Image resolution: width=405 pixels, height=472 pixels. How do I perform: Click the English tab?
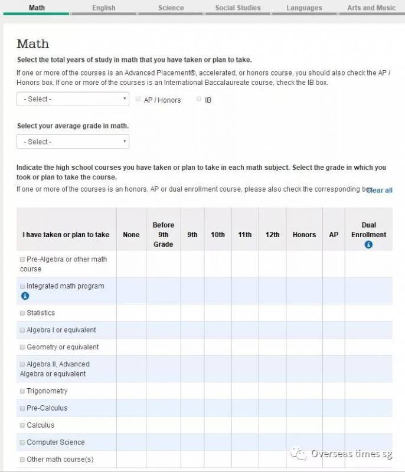pyautogui.click(x=104, y=8)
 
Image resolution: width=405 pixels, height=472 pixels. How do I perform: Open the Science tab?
pyautogui.click(x=171, y=8)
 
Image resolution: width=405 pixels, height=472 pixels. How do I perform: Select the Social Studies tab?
pyautogui.click(x=237, y=8)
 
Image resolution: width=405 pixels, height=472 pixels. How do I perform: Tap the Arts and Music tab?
pyautogui.click(x=371, y=8)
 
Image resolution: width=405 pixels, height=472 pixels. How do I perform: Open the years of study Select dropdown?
pyautogui.click(x=73, y=99)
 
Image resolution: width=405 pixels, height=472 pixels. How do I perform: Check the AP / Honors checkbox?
pyautogui.click(x=138, y=99)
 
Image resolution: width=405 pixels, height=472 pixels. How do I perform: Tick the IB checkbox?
pyautogui.click(x=199, y=99)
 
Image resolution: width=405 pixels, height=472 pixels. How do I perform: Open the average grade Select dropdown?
pyautogui.click(x=73, y=142)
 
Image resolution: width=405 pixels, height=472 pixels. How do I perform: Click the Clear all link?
pyautogui.click(x=380, y=190)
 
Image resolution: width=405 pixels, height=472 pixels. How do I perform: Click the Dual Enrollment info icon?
pyautogui.click(x=368, y=244)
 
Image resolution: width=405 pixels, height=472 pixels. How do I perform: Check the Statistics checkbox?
pyautogui.click(x=22, y=313)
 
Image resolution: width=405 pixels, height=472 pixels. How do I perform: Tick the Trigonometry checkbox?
pyautogui.click(x=22, y=391)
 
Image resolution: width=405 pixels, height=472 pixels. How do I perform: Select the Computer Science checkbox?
pyautogui.click(x=22, y=442)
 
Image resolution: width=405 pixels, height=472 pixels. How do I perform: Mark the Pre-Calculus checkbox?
pyautogui.click(x=22, y=408)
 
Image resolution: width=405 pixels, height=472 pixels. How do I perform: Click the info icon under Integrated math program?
pyautogui.click(x=25, y=296)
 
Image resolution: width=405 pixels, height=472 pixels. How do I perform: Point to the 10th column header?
pyautogui.click(x=218, y=235)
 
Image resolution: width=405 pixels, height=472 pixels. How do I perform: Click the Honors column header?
pyautogui.click(x=304, y=235)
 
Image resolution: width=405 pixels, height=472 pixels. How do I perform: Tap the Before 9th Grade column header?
pyautogui.click(x=164, y=235)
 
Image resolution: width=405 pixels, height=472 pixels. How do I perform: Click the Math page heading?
pyautogui.click(x=33, y=44)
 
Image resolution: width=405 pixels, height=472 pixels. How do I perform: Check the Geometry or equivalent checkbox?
pyautogui.click(x=22, y=347)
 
